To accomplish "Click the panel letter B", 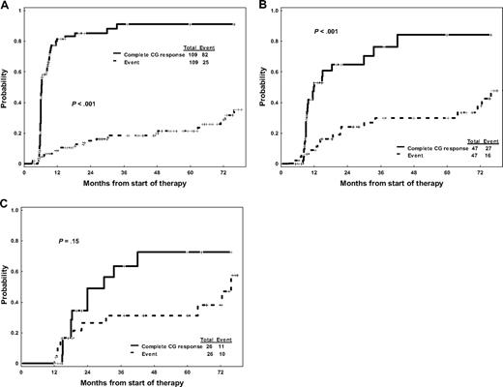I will click(260, 6).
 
